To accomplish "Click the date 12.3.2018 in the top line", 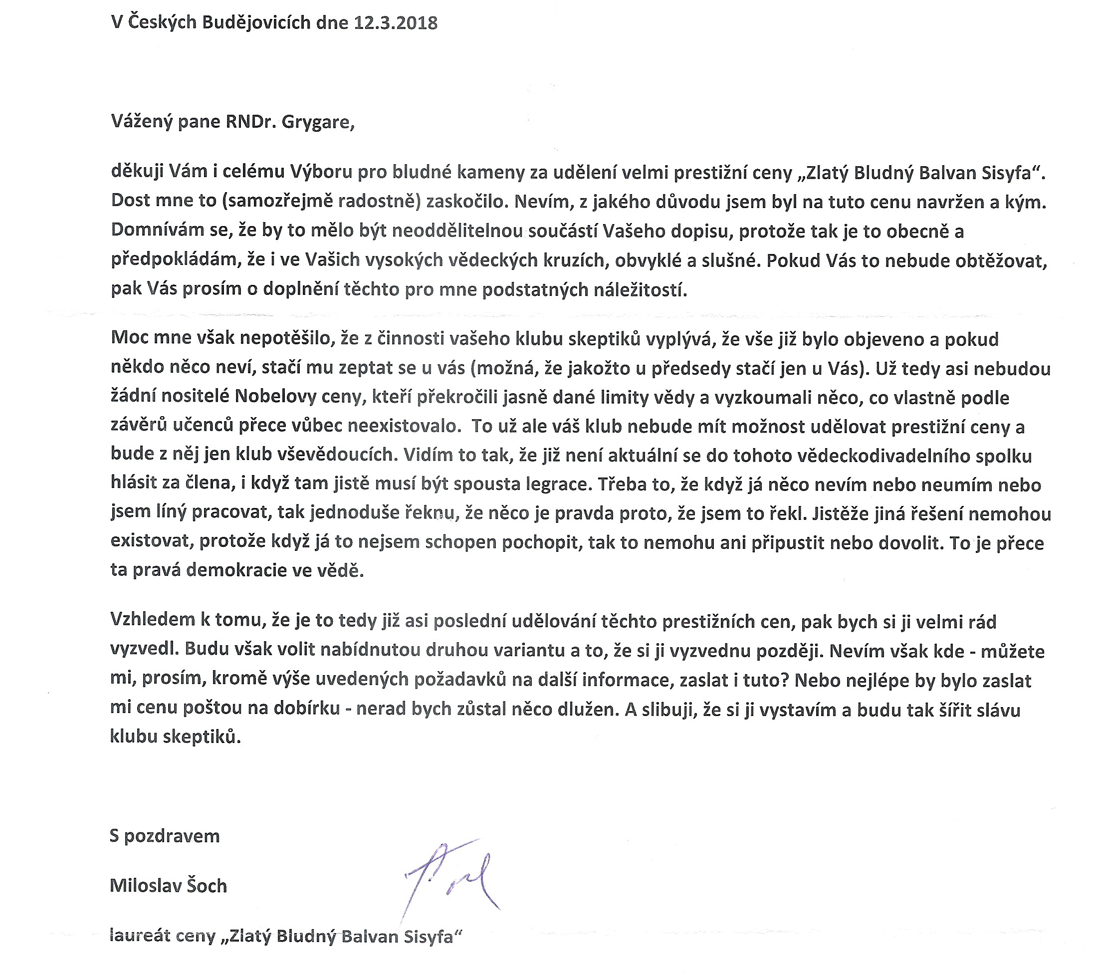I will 396,22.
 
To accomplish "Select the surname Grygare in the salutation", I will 318,122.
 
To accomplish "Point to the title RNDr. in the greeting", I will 250,122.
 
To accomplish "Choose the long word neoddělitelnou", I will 458,231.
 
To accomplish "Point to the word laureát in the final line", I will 140,936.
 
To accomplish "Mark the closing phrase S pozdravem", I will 165,836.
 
